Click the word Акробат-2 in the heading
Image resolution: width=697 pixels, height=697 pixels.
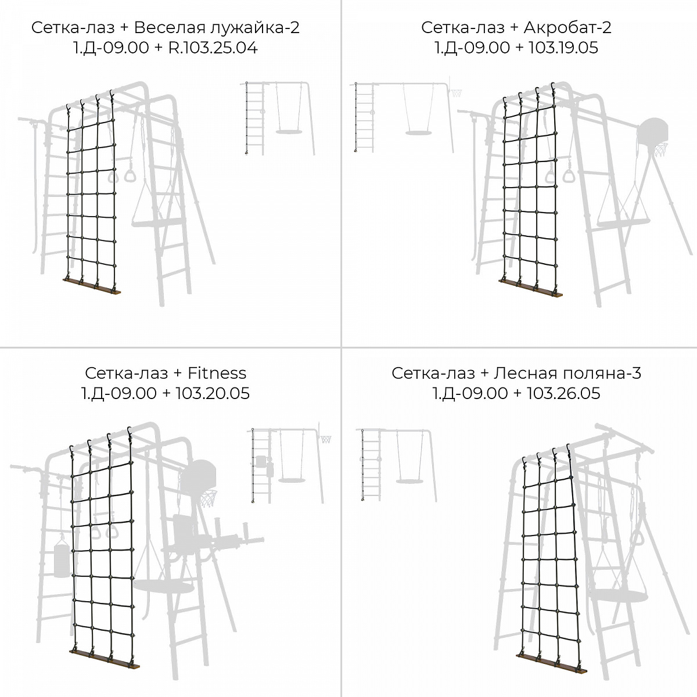click(567, 27)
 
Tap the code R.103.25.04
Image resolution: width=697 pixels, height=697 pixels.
click(213, 48)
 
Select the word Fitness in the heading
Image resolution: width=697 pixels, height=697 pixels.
click(217, 373)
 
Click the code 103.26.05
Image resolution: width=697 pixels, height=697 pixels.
click(563, 393)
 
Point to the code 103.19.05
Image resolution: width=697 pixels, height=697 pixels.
click(563, 48)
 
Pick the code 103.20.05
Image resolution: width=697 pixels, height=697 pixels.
click(213, 393)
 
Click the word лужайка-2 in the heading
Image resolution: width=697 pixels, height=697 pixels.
click(255, 27)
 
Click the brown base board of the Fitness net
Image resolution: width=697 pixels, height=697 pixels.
click(105, 659)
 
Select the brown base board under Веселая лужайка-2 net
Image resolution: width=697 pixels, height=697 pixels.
click(92, 286)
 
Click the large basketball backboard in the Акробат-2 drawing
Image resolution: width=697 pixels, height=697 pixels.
click(653, 131)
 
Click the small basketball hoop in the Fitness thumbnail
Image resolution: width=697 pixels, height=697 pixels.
click(326, 439)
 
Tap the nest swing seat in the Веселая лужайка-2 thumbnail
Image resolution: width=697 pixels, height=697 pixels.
click(289, 132)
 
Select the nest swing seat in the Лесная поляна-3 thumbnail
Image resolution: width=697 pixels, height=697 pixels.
click(409, 481)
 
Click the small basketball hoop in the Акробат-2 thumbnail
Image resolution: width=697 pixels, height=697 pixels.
click(456, 94)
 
